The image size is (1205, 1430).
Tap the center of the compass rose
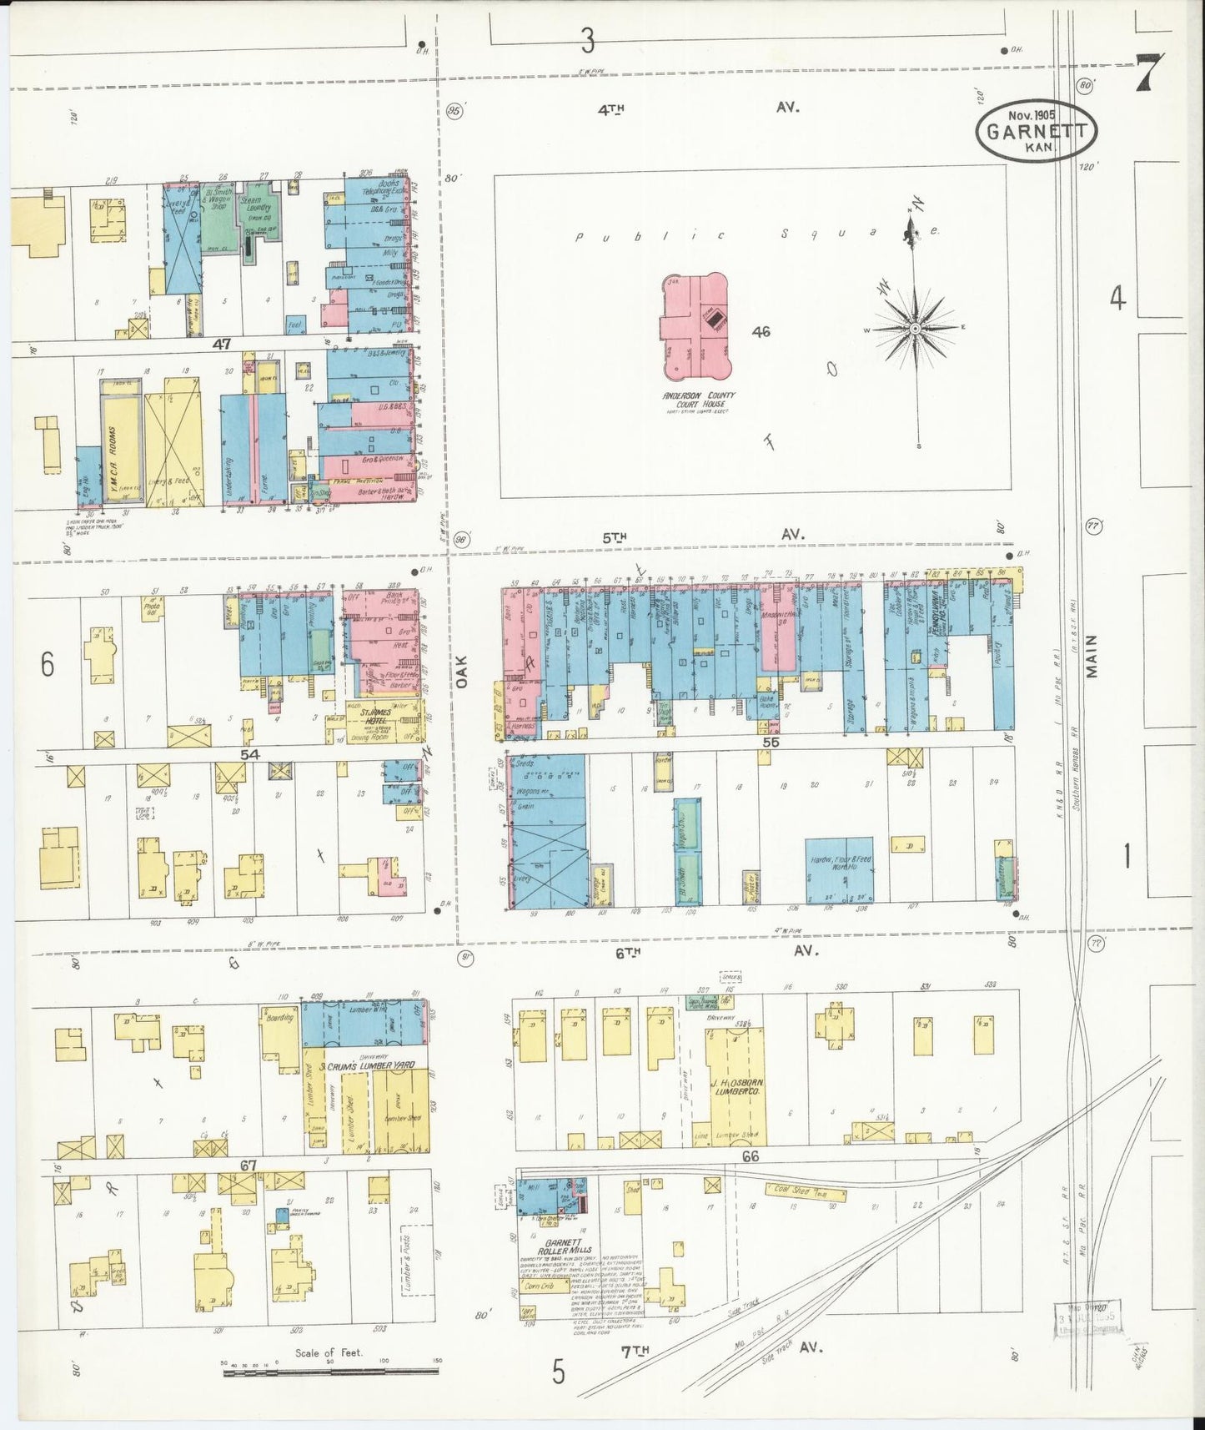[x=915, y=328]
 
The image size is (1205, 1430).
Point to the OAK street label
[x=463, y=670]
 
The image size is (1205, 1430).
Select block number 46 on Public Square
[x=760, y=331]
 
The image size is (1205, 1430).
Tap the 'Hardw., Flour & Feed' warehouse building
[x=839, y=870]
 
